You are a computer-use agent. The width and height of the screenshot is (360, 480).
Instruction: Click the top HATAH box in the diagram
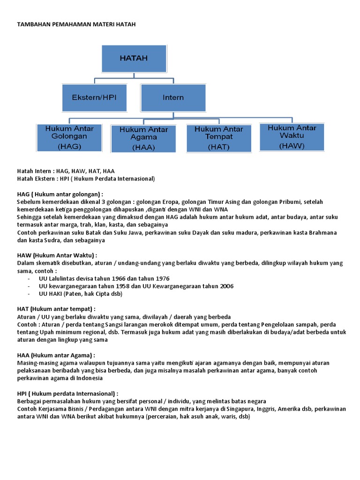coord(134,59)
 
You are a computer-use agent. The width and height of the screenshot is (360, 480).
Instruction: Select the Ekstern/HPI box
coord(94,97)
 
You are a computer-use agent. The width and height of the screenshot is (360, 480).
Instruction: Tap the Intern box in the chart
coord(173,97)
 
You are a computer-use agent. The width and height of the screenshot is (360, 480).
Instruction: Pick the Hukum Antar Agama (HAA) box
coord(143,138)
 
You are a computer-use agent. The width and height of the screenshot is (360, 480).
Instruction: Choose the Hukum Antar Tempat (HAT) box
coord(218,137)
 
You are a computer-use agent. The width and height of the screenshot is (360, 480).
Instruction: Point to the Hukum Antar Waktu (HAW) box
coord(292,136)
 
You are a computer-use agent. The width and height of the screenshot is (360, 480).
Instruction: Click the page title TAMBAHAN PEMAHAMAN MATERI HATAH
coord(76,24)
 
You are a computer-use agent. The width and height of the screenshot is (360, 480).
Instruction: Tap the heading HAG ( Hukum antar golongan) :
coord(60,194)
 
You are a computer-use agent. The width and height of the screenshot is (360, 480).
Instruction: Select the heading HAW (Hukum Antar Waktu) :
coord(57,255)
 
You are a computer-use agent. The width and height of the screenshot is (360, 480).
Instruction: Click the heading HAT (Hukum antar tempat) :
coord(56,309)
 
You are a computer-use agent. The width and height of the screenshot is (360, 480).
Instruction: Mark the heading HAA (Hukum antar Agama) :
coord(56,355)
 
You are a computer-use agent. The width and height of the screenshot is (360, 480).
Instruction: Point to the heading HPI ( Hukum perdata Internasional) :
coord(67,393)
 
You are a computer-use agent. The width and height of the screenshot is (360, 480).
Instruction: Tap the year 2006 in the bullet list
coord(225,286)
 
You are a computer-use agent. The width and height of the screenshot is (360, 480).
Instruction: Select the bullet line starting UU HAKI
coord(81,294)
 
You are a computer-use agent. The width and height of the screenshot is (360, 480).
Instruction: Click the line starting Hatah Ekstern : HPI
coord(86,179)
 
